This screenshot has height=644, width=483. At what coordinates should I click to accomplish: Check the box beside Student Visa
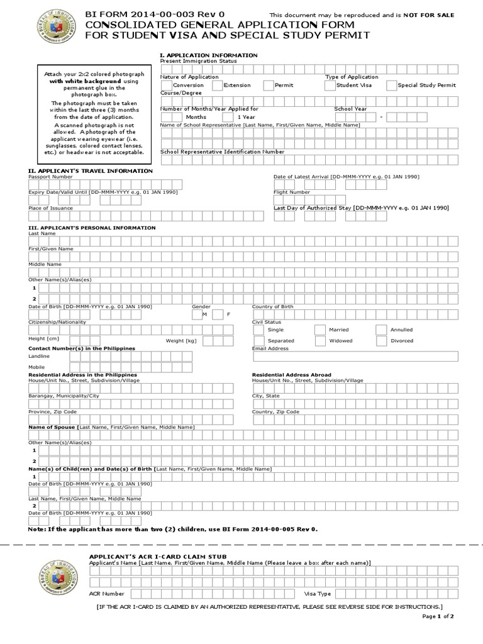(x=330, y=86)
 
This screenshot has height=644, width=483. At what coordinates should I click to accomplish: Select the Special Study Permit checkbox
(x=391, y=86)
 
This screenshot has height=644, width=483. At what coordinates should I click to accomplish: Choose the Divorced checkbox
(x=380, y=341)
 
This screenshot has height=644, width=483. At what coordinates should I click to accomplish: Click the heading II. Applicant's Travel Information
(x=91, y=171)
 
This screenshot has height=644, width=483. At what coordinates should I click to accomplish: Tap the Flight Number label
(x=291, y=192)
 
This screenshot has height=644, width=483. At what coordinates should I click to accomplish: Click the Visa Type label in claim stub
(x=318, y=593)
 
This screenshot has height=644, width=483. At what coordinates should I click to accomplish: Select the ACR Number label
(x=106, y=593)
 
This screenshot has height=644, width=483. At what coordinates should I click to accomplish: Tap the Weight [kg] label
(x=181, y=341)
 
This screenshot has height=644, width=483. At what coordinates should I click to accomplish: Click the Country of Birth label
(x=272, y=306)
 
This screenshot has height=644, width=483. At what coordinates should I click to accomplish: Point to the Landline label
(x=39, y=357)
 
